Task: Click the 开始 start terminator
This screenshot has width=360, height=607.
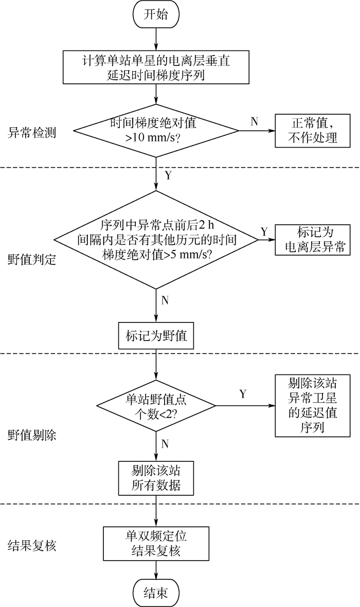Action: point(156,15)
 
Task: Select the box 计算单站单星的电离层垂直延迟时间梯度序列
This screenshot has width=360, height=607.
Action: point(156,67)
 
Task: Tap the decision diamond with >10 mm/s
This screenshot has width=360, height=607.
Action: point(156,131)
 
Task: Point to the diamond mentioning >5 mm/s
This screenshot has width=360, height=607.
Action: point(156,239)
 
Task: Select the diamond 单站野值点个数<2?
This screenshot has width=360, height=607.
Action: point(156,406)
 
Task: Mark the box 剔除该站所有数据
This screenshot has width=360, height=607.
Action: point(156,477)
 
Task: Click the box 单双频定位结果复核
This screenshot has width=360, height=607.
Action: point(156,544)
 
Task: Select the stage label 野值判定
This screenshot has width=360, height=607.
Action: point(32,259)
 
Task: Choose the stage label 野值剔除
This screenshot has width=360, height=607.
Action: point(32,435)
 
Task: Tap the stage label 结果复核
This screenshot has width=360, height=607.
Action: point(32,545)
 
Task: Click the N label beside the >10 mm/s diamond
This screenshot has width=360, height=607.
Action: point(254,121)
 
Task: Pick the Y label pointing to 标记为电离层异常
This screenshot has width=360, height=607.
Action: point(264,231)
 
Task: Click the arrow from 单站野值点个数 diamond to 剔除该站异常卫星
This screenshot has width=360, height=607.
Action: point(245,406)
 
